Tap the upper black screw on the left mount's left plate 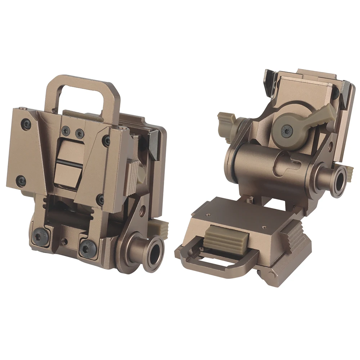26,125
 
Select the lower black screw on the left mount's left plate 22,181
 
